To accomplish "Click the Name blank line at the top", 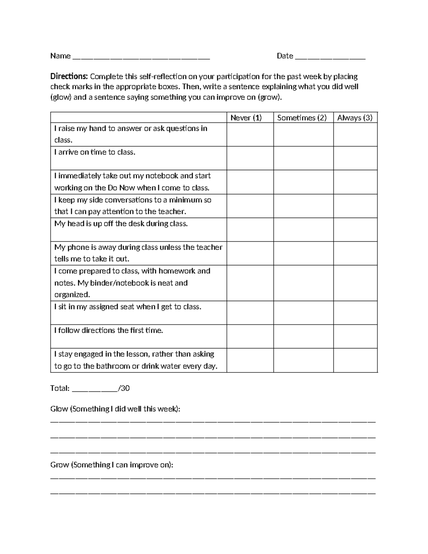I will pyautogui.click(x=141, y=57).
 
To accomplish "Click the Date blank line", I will pyautogui.click(x=330, y=57).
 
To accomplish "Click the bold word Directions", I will pyautogui.click(x=69, y=76).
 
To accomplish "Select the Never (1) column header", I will pyautogui.click(x=246, y=118).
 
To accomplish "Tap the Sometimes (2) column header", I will pyautogui.click(x=302, y=118).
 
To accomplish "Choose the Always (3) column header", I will pyautogui.click(x=355, y=118).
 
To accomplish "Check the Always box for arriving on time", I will pyautogui.click(x=355, y=158).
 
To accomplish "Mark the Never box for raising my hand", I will pyautogui.click(x=250, y=134).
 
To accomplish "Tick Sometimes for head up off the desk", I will pyautogui.click(x=304, y=229).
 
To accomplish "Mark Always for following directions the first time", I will pyautogui.click(x=355, y=336).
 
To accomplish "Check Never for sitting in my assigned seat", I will pyautogui.click(x=250, y=312).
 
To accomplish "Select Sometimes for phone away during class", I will pyautogui.click(x=304, y=253).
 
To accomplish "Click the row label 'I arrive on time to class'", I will pyautogui.click(x=95, y=152).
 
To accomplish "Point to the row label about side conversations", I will pyautogui.click(x=133, y=205).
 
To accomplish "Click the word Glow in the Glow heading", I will pyautogui.click(x=59, y=409).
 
